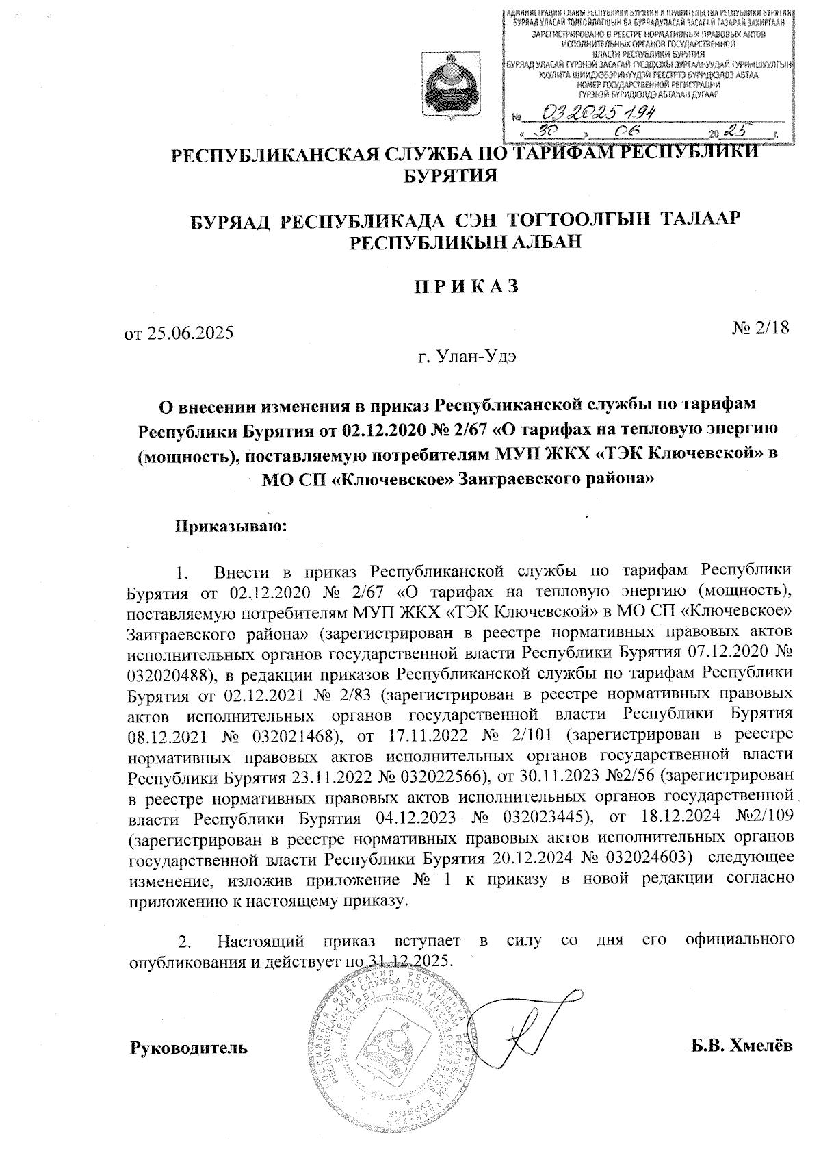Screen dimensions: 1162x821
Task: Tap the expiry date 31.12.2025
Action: coord(409,960)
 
